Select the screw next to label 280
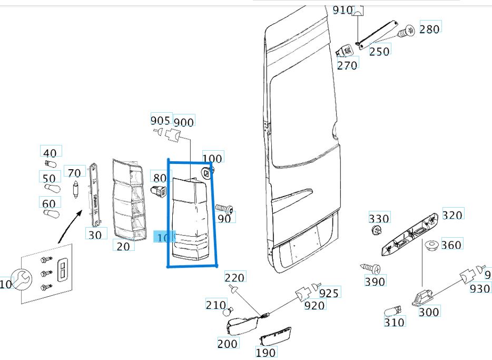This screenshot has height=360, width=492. pyautogui.click(x=406, y=32)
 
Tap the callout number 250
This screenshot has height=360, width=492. pyautogui.click(x=379, y=51)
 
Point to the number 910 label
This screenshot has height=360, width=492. pyautogui.click(x=343, y=9)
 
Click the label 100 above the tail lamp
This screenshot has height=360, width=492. pyautogui.click(x=212, y=158)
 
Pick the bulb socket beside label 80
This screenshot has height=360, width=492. pyautogui.click(x=158, y=191)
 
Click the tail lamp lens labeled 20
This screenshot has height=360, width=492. pyautogui.click(x=129, y=200)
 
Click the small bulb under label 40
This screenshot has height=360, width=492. pyautogui.click(x=51, y=163)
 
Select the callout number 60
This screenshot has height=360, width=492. pyautogui.click(x=49, y=203)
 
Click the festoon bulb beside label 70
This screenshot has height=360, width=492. pyautogui.click(x=75, y=188)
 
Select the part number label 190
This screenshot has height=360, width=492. pyautogui.click(x=265, y=352)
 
